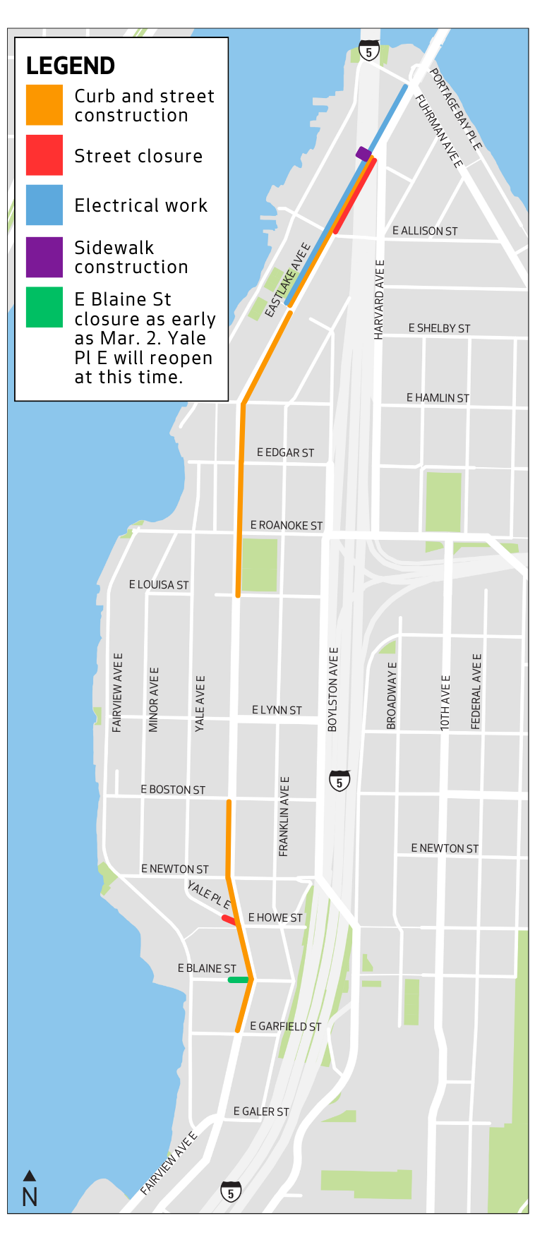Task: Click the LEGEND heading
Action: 71,66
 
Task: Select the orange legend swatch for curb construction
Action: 44,105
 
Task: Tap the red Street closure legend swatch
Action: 44,155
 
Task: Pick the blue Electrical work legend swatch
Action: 44,205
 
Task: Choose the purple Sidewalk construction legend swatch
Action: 44,257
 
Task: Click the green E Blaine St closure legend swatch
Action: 44,307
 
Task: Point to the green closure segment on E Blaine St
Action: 238,980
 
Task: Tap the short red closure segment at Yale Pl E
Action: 229,920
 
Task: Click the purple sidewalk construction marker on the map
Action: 363,154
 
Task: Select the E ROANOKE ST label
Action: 287,525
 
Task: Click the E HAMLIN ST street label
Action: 438,398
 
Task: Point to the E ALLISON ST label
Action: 425,231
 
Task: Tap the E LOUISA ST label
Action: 159,584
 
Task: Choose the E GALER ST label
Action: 261,1111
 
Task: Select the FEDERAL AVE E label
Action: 476,692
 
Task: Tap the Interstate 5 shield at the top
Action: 368,51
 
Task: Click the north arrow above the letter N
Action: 29,1176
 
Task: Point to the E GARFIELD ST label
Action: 286,1026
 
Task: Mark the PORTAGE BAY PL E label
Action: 456,109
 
